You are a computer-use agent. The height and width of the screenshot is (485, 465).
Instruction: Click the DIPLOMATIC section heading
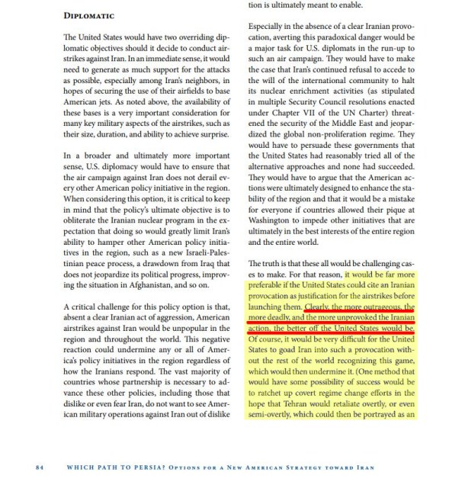pos(89,15)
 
